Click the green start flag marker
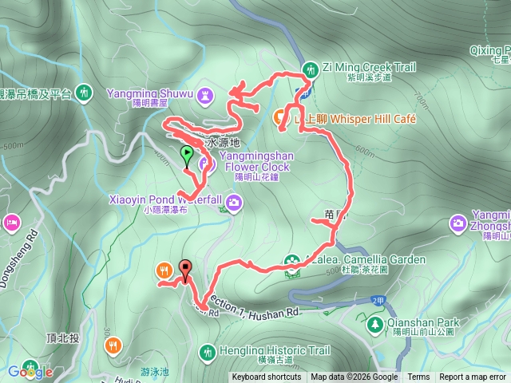[x=187, y=154]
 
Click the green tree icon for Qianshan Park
[x=374, y=324]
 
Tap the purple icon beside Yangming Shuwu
[x=206, y=95]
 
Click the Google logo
[x=30, y=371]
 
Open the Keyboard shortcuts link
[x=267, y=377]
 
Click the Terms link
[x=418, y=377]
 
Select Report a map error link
[x=473, y=377]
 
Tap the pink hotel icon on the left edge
[x=11, y=221]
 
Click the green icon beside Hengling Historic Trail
[x=207, y=351]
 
